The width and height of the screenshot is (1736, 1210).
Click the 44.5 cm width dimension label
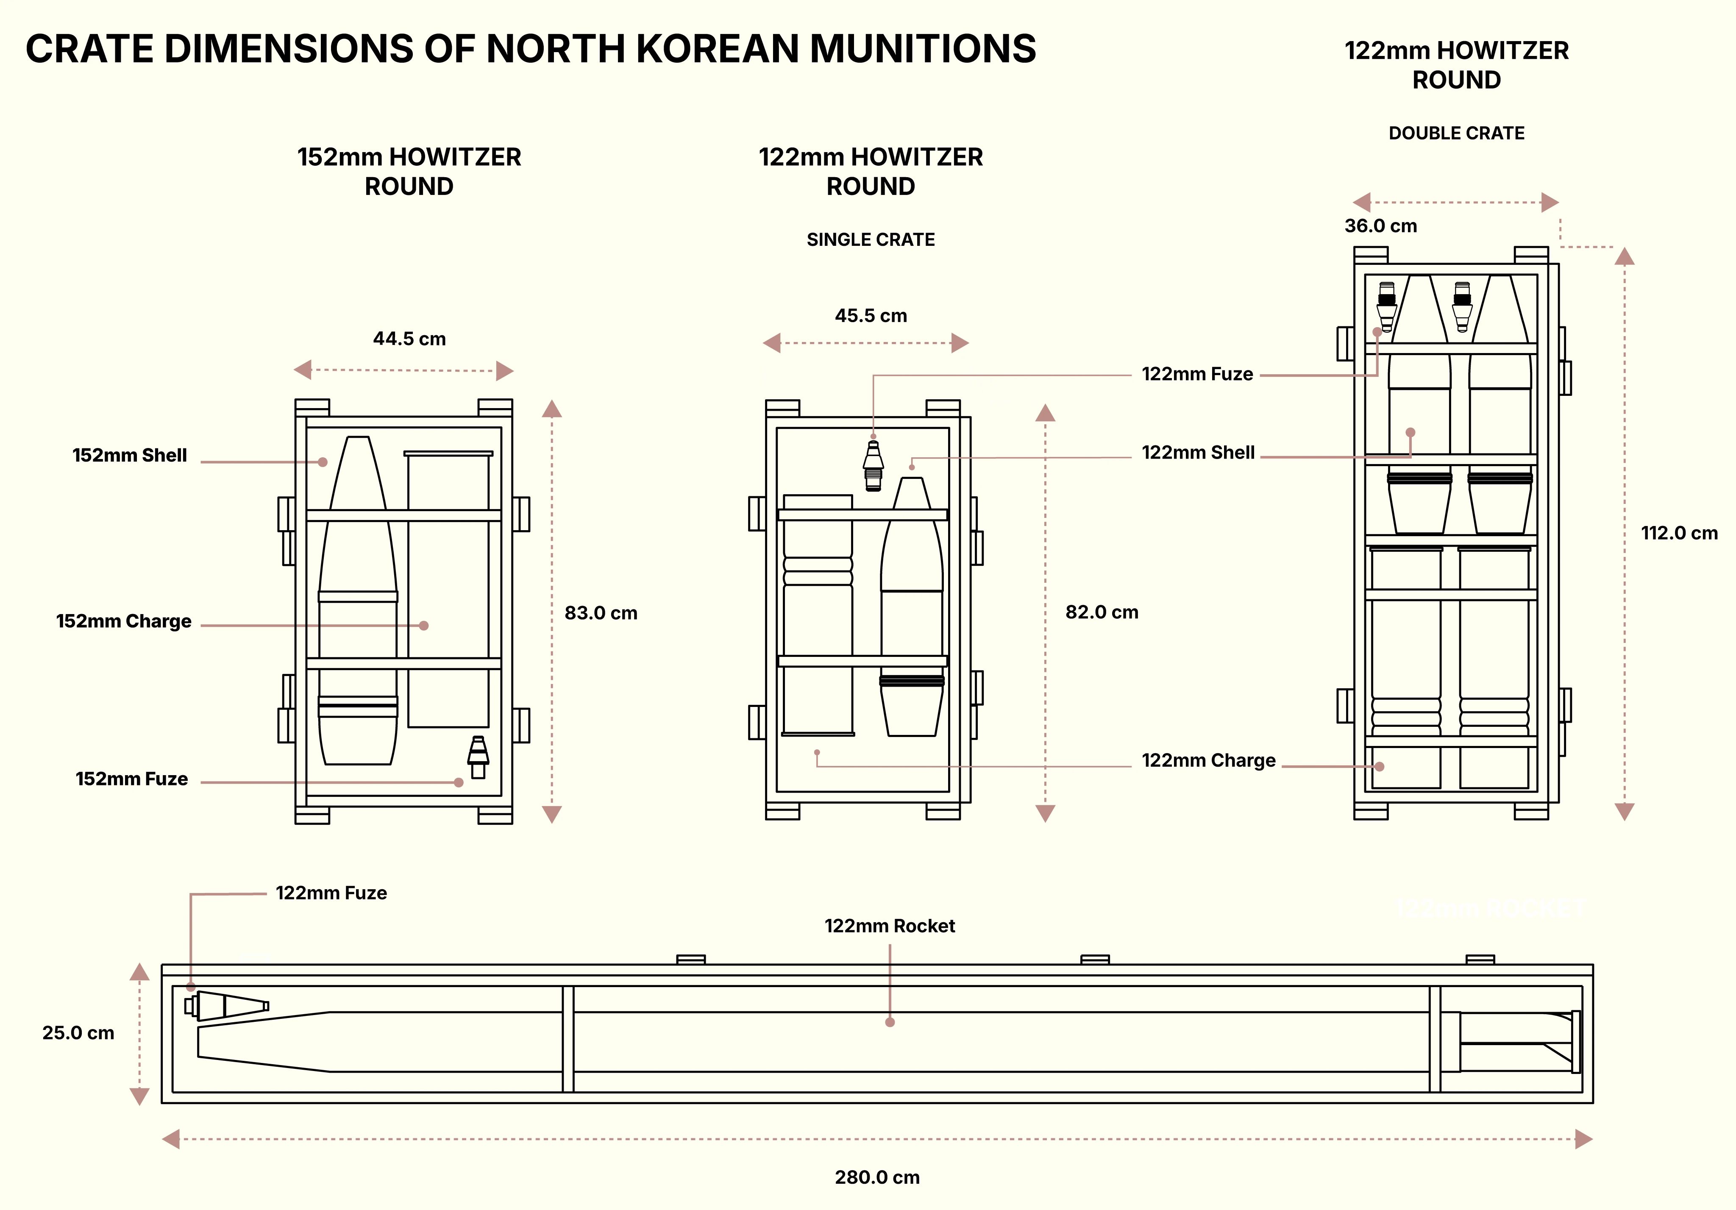click(x=409, y=339)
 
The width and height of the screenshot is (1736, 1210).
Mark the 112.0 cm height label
click(x=1678, y=533)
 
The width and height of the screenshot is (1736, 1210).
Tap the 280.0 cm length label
click(x=877, y=1177)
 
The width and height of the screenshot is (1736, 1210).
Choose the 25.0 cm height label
click(x=78, y=1033)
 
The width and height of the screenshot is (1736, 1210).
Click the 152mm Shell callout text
click(x=129, y=455)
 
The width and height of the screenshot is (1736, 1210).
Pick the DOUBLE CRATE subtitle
click(x=1456, y=133)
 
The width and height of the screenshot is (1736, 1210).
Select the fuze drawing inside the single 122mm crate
click(x=873, y=465)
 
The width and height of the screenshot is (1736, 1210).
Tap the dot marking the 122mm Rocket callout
click(x=890, y=1022)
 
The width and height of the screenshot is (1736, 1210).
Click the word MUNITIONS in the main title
click(x=922, y=49)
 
